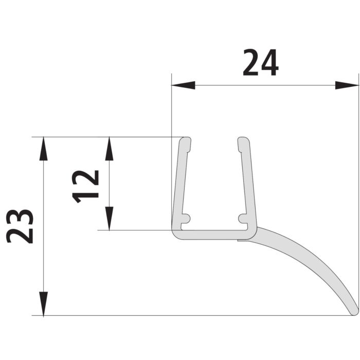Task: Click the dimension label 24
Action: (260, 63)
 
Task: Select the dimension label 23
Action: (20, 226)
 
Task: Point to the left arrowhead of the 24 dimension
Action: (183, 85)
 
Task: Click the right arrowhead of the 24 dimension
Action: (347, 85)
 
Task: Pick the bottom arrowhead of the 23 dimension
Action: (44, 304)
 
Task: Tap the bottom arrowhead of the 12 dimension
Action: (109, 218)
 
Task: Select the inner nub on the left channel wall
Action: (186, 219)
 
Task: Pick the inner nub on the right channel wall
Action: (241, 219)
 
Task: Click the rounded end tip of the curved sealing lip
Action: (354, 311)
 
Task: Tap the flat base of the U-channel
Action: (213, 235)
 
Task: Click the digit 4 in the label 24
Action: (269, 63)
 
